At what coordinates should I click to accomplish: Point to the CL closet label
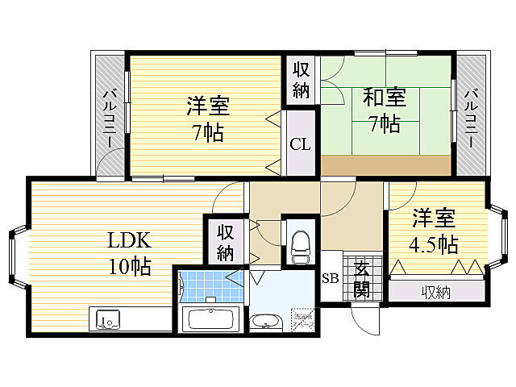coord(300,145)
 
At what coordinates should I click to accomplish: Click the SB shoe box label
coord(330,279)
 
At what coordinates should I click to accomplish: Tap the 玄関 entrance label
coord(361,279)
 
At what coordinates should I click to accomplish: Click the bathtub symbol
coord(210,318)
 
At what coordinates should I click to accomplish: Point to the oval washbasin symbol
coord(265,323)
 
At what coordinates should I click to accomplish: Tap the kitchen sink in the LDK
coord(106,319)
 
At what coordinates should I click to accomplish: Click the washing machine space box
coord(300,318)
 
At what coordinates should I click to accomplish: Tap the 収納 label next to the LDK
coord(225,243)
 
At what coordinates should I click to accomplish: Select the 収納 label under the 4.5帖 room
coord(436,292)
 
